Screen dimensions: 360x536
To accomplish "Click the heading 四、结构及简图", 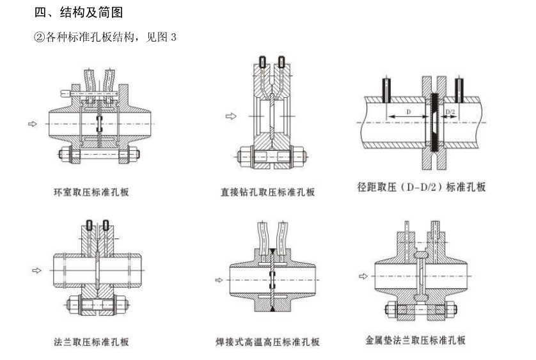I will tap(77, 12).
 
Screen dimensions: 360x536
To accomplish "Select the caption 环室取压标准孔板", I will tap(91, 191).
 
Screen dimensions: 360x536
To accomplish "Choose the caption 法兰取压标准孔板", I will tap(91, 341).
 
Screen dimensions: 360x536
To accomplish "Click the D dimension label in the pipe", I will tap(409, 111).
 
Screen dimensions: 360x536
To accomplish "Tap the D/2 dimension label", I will tap(450, 111).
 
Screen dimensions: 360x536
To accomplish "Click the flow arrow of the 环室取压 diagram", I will tap(33, 123).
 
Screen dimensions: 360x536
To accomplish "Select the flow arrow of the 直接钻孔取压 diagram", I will tap(231, 116).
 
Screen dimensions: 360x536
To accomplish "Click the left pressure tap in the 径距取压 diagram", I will tap(386, 91).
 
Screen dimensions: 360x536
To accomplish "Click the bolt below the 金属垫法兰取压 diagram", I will tap(422, 311).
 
